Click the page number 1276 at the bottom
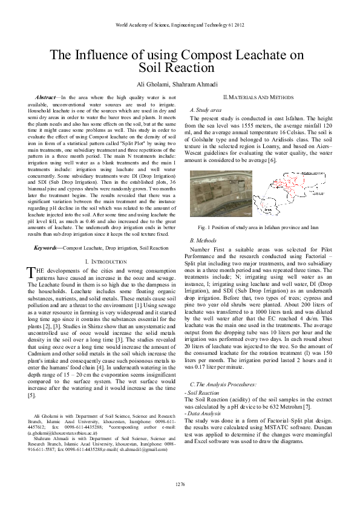pyautogui.click(x=180, y=485)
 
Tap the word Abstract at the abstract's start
pyautogui.click(x=46, y=97)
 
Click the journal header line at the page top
pyautogui.click(x=180, y=25)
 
